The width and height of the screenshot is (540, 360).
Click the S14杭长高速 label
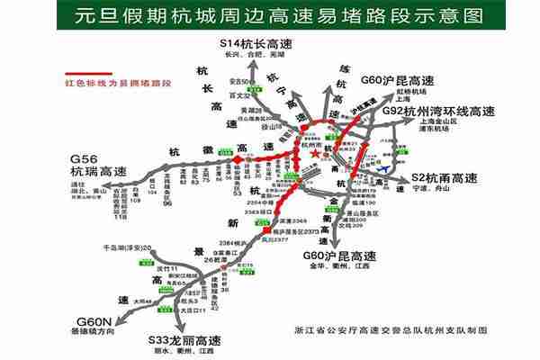256,44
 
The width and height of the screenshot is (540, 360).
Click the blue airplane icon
385,166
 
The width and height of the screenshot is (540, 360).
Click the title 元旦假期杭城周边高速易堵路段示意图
269,15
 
